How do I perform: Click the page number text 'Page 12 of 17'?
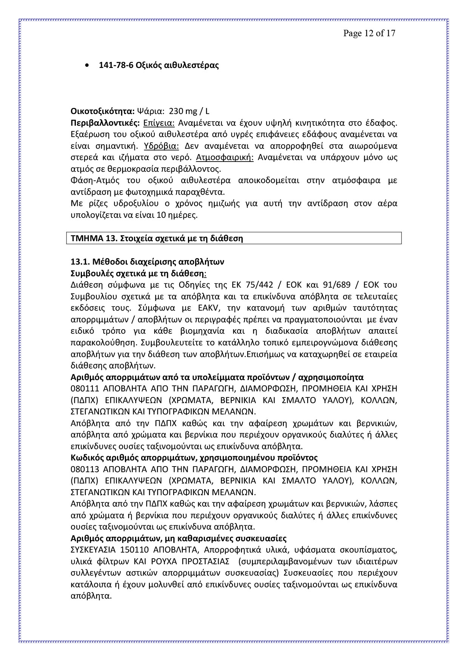369,33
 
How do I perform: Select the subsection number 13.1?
80,262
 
